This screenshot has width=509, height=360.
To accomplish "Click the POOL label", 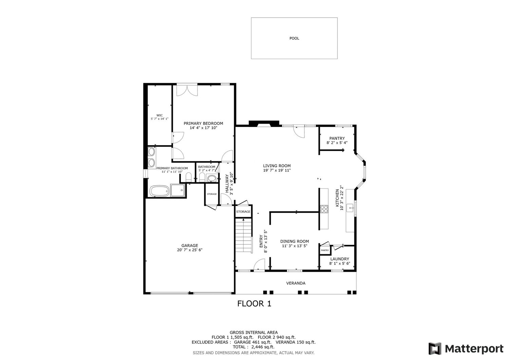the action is pyautogui.click(x=294, y=38).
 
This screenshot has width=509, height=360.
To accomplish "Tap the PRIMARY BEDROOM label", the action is pyautogui.click(x=203, y=124).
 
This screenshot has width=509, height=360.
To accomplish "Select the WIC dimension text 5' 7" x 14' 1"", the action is pyautogui.click(x=159, y=119).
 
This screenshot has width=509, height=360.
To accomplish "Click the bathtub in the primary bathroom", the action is pyautogui.click(x=159, y=191).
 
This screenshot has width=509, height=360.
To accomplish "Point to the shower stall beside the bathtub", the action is pyautogui.click(x=178, y=190).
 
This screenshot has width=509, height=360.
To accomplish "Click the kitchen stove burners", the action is pyautogui.click(x=324, y=209).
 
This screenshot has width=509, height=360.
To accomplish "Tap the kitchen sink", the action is pyautogui.click(x=350, y=208).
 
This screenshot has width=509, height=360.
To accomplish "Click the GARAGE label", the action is pyautogui.click(x=190, y=245).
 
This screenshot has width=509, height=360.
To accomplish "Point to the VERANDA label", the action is pyautogui.click(x=296, y=283).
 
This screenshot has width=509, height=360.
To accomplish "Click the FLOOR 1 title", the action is pyautogui.click(x=254, y=304).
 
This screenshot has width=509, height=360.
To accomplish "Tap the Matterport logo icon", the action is pyautogui.click(x=435, y=349).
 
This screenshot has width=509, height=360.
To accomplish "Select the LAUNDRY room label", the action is pyautogui.click(x=340, y=259).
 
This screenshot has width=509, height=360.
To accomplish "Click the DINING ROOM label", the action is pyautogui.click(x=295, y=241).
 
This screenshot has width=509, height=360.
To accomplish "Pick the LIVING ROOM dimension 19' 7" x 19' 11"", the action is pyautogui.click(x=277, y=170).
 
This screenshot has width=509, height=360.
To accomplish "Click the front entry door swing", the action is pyautogui.click(x=259, y=265).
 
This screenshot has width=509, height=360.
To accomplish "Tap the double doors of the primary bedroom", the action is pyautogui.click(x=187, y=90).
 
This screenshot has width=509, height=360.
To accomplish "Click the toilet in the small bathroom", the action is pyautogui.click(x=202, y=177).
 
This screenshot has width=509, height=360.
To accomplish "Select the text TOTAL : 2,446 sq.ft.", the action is pyautogui.click(x=253, y=347).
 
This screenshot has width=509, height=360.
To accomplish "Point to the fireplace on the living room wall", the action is pyautogui.click(x=264, y=124).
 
